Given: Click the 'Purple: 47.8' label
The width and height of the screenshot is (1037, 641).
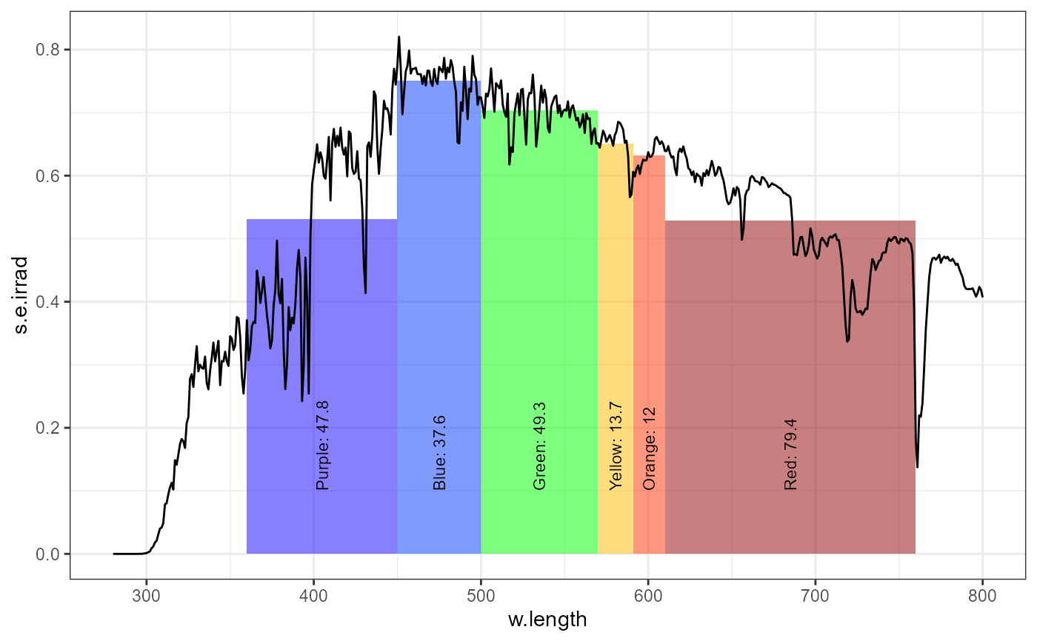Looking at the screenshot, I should click(322, 446).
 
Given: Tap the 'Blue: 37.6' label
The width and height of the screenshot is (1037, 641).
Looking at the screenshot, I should click(439, 453).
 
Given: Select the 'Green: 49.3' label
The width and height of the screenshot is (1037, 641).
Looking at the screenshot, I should click(539, 446).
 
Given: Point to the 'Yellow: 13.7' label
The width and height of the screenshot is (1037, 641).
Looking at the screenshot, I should click(616, 446).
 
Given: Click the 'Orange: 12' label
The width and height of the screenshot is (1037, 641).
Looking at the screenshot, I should click(650, 449).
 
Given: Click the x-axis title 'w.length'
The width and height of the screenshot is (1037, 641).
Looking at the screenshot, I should click(547, 620).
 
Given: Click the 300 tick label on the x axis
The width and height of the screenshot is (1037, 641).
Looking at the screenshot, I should click(146, 595).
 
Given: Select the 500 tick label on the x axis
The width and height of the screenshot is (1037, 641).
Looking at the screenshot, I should click(481, 595).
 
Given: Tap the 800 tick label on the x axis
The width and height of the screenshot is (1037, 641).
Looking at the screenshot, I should click(982, 595).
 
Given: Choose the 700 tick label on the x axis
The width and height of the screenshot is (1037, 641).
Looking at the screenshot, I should click(815, 595).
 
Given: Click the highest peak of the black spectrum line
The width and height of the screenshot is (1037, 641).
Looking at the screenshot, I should click(399, 36).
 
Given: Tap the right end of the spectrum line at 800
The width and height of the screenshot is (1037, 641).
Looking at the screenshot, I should click(982, 297).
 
